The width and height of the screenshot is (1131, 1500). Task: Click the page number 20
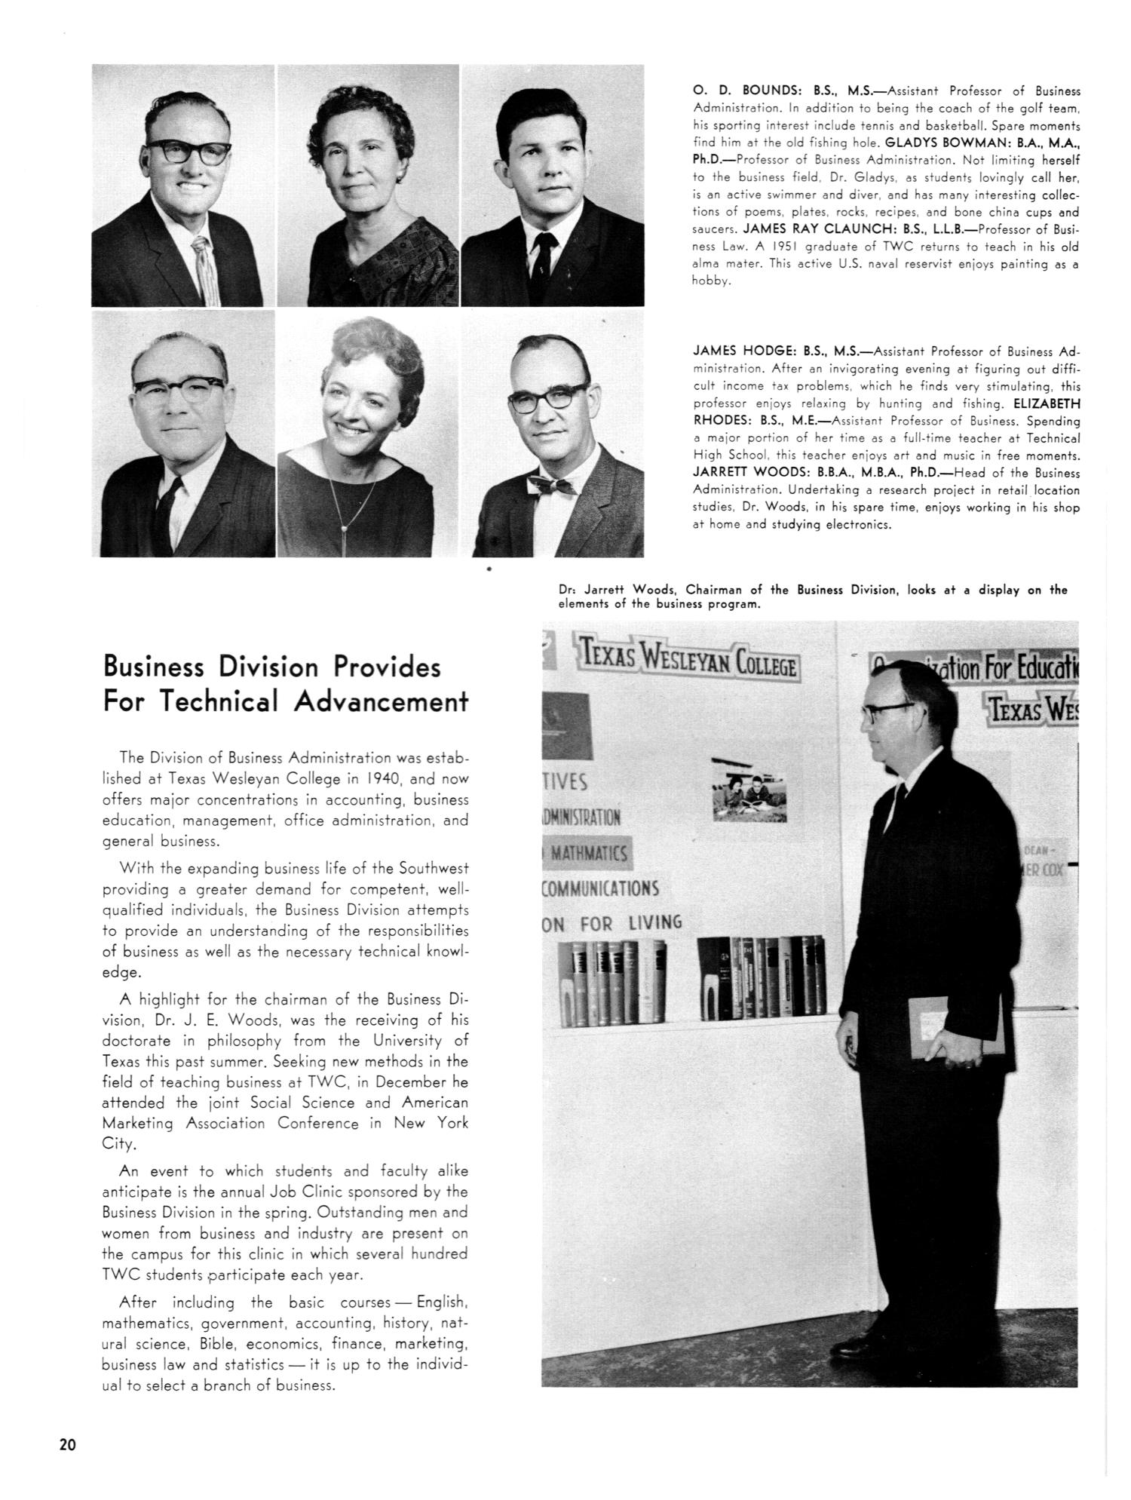(67, 1445)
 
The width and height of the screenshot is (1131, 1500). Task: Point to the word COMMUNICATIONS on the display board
(602, 888)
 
